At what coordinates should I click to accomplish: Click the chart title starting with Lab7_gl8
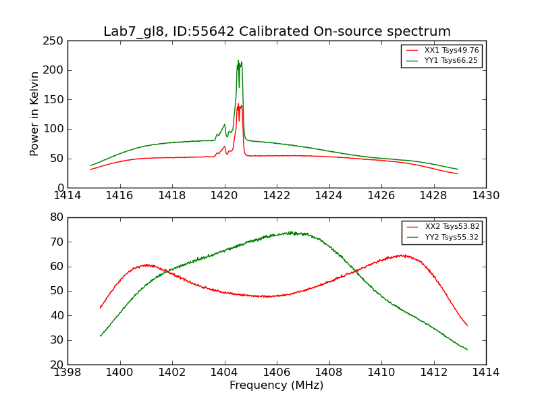277,32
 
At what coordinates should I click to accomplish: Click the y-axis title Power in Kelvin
35,113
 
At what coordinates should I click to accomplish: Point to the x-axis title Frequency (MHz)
277,385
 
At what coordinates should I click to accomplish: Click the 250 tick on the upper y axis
55,41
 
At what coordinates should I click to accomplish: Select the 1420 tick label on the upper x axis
224,195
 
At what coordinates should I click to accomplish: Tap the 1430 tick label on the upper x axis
486,195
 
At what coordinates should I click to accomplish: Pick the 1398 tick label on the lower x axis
67,372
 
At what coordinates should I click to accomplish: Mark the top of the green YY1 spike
238,61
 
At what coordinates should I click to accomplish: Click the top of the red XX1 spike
238,104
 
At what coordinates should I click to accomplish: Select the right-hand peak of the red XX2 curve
402,255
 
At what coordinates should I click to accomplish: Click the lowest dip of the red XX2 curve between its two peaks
267,296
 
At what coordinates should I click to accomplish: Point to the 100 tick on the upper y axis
55,129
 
